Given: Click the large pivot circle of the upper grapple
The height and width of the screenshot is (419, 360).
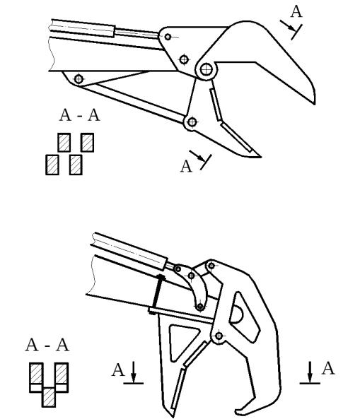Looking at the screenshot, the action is [x=206, y=70].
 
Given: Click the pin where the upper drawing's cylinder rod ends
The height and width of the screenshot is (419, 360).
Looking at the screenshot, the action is [x=168, y=37].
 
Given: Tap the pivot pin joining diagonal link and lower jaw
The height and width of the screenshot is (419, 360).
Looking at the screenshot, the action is [x=192, y=122].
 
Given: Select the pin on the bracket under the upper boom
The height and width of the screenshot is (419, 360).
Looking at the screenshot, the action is [x=79, y=79].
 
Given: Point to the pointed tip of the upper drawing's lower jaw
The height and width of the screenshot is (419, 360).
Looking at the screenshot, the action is [x=260, y=157].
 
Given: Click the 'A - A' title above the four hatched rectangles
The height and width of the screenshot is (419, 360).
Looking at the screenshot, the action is [x=79, y=115].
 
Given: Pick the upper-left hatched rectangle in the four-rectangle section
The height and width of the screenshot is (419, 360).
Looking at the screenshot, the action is [x=64, y=143].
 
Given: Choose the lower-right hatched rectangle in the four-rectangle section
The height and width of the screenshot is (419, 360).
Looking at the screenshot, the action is [x=76, y=165].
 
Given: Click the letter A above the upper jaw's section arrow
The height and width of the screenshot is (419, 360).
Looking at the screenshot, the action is [x=296, y=12].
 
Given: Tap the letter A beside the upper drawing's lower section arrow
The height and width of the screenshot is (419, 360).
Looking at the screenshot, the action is [x=186, y=167].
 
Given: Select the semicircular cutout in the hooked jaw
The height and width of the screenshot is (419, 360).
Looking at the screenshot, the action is [x=236, y=314].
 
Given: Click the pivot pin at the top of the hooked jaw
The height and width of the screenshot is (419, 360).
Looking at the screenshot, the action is [x=211, y=266].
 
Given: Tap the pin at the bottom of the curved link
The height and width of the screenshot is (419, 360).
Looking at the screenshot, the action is [x=200, y=306].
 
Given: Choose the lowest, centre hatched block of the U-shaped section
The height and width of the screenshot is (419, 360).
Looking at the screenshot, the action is [x=49, y=397].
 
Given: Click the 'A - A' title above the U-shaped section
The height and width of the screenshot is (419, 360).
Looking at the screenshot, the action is [x=47, y=345].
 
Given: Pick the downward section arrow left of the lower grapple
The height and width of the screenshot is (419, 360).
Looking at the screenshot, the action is [x=134, y=372].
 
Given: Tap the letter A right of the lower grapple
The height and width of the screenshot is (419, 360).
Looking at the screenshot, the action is [x=328, y=369].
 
